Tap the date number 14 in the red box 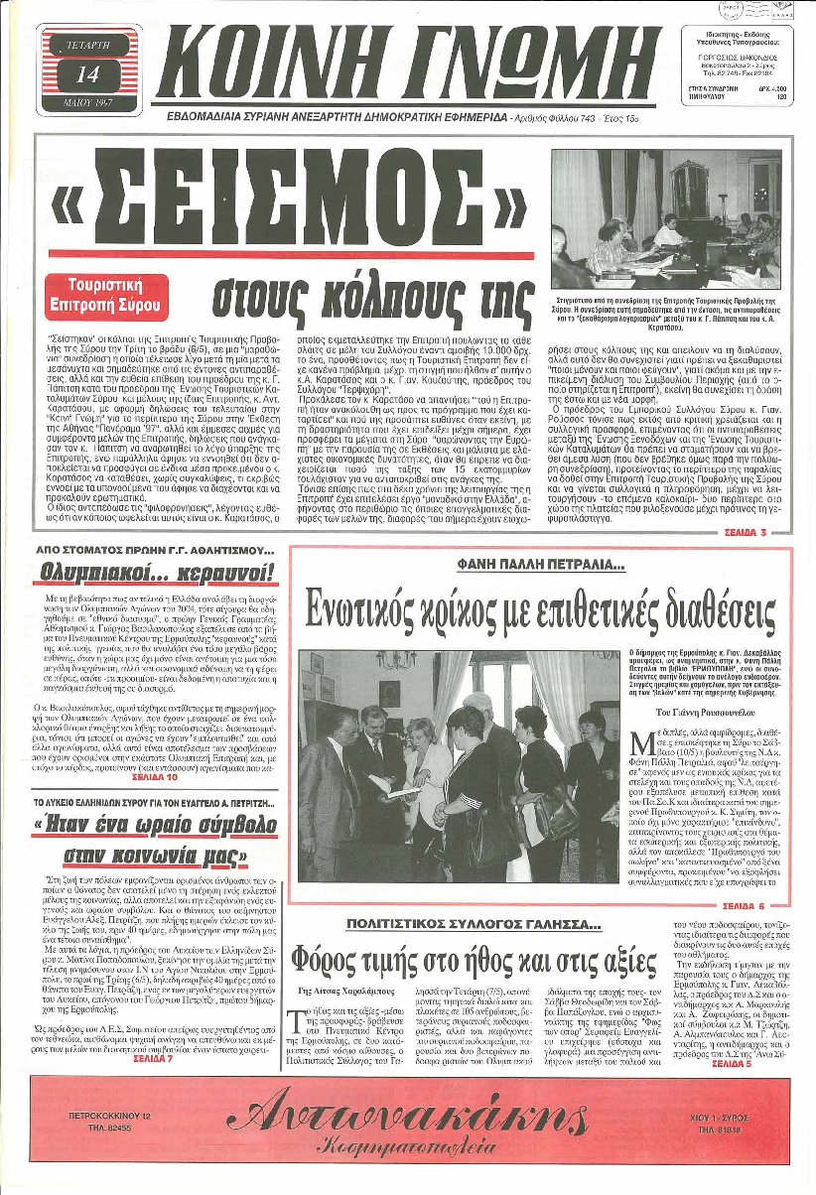(x=87, y=72)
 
